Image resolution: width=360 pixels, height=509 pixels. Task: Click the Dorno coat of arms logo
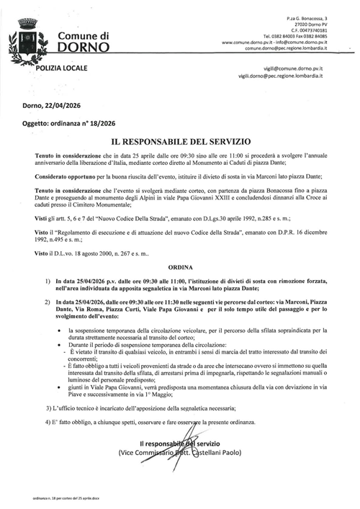pyautogui.click(x=29, y=40)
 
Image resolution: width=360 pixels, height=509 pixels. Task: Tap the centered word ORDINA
pyautogui.click(x=179, y=265)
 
